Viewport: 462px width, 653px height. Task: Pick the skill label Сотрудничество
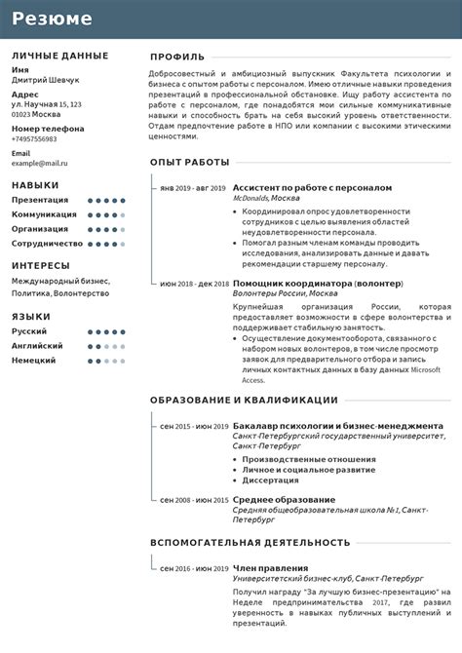pyautogui.click(x=47, y=244)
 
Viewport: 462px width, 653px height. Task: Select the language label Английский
pyautogui.click(x=38, y=346)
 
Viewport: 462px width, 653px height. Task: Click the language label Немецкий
pyautogui.click(x=33, y=361)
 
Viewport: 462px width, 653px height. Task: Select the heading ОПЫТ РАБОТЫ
pyautogui.click(x=190, y=162)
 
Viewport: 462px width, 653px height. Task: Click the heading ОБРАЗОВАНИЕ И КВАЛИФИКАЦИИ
pyautogui.click(x=244, y=400)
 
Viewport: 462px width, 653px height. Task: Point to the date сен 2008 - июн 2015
pyautogui.click(x=193, y=500)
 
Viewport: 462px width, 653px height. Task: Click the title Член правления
pyautogui.click(x=270, y=567)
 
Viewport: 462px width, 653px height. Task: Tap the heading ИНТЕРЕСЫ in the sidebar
pyautogui.click(x=41, y=265)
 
